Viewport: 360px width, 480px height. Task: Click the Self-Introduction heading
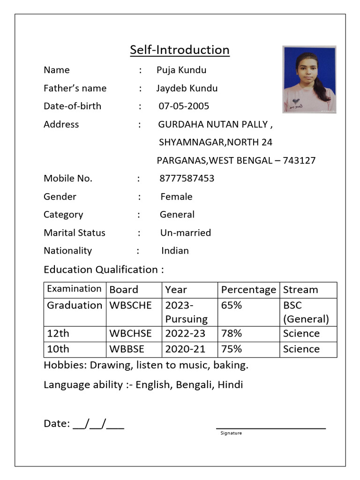180,50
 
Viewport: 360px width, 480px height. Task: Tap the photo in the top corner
309,79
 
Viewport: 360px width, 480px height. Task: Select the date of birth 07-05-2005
184,106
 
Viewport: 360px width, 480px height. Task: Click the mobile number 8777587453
187,179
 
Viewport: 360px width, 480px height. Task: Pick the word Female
176,197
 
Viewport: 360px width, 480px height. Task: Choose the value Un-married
186,233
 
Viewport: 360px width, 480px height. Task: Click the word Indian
175,251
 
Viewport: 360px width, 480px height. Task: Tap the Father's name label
75,88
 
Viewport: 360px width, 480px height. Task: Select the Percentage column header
248,290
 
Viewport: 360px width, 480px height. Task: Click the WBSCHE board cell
130,305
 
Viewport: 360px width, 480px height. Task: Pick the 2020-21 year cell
185,349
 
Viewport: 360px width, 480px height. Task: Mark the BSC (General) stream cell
306,312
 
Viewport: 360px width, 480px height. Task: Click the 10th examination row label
58,349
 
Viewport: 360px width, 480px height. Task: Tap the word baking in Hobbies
232,365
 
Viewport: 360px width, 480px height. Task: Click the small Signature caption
231,433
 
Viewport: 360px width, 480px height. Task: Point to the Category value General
177,215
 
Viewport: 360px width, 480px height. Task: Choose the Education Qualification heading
104,270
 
